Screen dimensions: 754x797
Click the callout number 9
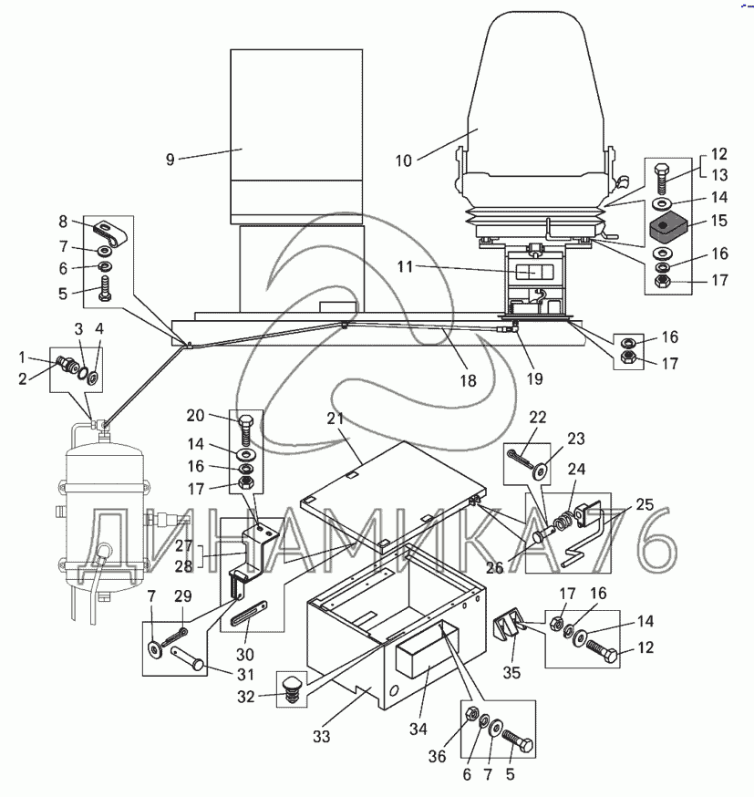click(170, 160)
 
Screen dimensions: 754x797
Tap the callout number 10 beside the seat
click(403, 160)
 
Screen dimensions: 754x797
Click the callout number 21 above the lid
click(336, 419)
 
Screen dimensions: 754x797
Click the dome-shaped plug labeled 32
click(292, 688)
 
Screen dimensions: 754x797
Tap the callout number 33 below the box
click(322, 736)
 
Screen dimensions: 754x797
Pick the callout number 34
click(418, 729)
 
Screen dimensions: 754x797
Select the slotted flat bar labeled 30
click(249, 614)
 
